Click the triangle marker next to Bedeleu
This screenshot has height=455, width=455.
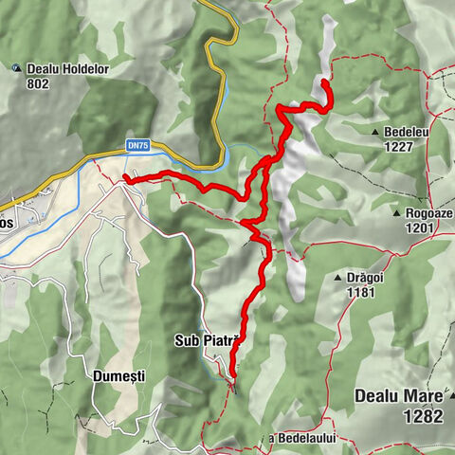pyautogui.click(x=376, y=132)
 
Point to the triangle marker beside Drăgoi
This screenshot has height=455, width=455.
pyautogui.click(x=338, y=278)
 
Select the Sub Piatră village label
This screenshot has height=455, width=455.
pyautogui.click(x=209, y=339)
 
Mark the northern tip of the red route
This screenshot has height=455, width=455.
pyautogui.click(x=323, y=83)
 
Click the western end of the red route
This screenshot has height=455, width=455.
pyautogui.click(x=125, y=177)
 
